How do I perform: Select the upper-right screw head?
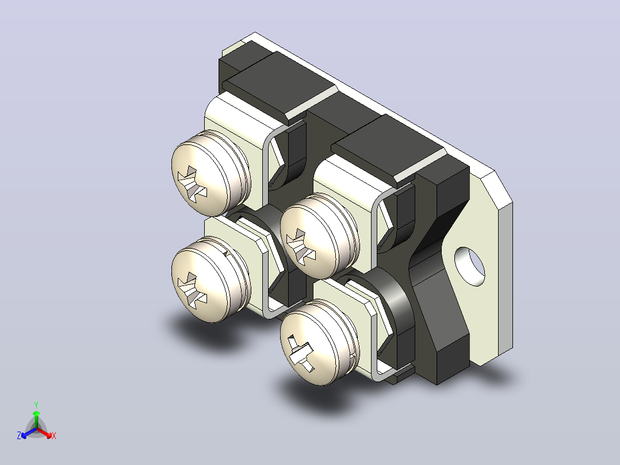coord(315,237)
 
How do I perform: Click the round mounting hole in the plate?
coord(469,266)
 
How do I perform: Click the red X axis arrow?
coord(44,433)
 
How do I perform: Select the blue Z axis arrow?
coord(29,433)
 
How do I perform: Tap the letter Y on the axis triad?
coord(36,405)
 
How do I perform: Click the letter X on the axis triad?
coord(54,436)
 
